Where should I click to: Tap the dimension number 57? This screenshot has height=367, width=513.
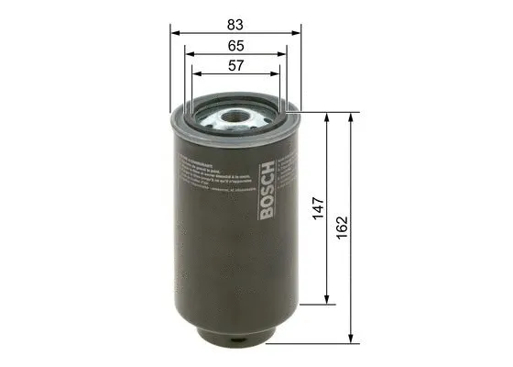click(236, 66)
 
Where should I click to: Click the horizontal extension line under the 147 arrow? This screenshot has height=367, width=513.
click(316, 304)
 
